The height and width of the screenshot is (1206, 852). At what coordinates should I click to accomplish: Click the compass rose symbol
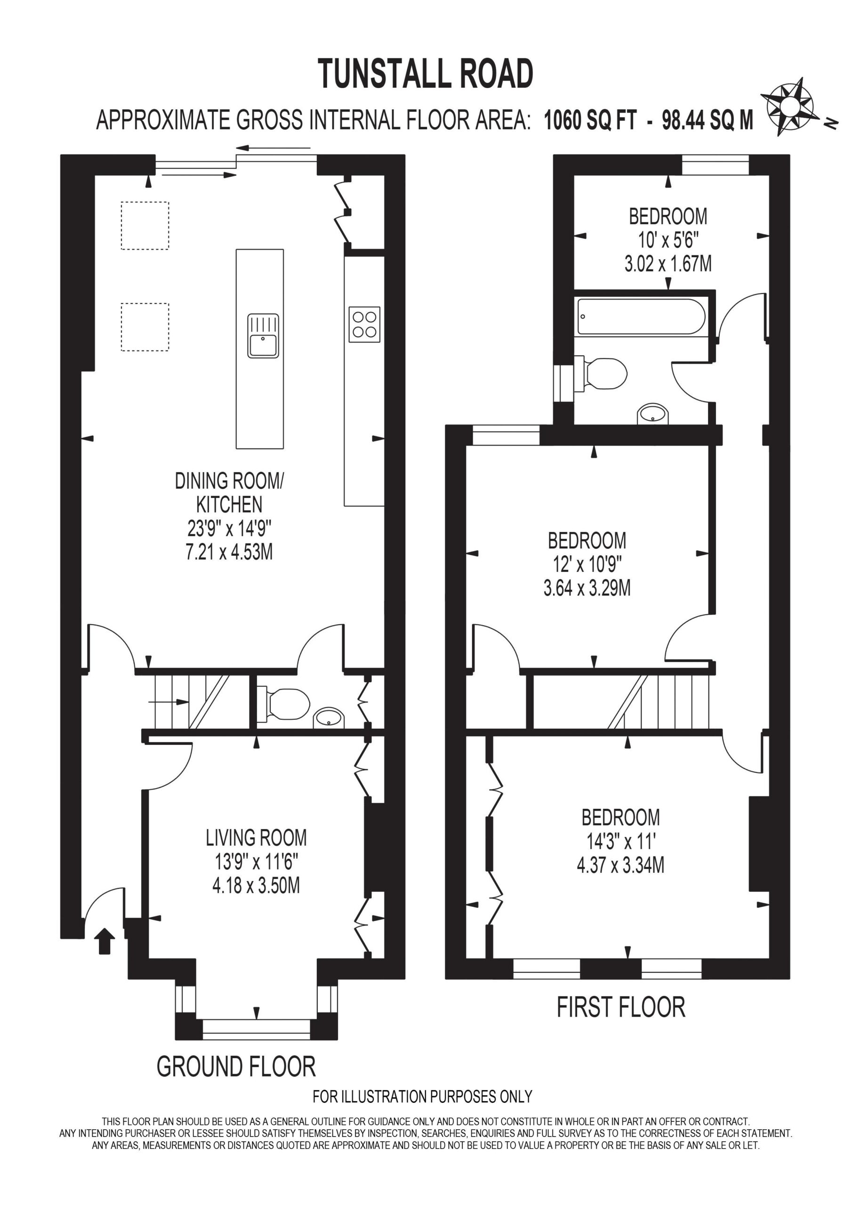789,107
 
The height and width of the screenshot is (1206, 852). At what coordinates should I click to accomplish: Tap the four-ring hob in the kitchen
364,324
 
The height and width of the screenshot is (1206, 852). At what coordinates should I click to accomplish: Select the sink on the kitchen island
263,336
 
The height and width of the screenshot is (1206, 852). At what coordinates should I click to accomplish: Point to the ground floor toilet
284,704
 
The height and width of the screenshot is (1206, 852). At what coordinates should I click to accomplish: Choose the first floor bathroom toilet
602,374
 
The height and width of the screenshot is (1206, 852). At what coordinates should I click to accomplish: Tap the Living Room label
256,838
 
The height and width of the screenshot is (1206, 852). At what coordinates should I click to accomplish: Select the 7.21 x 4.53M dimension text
229,552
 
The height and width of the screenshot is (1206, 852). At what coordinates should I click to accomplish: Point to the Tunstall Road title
426,74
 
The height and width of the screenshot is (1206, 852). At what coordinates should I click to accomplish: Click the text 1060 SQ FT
590,120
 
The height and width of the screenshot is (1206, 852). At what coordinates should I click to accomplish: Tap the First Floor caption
621,1007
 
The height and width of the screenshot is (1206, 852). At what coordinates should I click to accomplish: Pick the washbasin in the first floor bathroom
653,414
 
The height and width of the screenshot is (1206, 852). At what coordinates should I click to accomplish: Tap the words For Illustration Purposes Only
423,1096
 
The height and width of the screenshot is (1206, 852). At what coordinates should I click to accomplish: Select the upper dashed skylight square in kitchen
145,225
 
